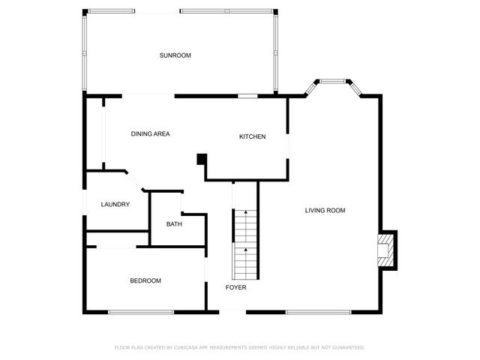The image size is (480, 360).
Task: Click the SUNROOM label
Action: [175, 55]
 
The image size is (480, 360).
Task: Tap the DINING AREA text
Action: [150, 133]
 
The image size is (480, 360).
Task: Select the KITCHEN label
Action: [252, 136]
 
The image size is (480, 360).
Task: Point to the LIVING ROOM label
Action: [325, 210]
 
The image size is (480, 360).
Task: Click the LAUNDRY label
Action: [115, 204]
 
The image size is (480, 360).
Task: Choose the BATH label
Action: [174, 224]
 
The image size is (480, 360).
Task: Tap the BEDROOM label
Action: [145, 280]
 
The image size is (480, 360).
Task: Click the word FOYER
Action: [235, 287]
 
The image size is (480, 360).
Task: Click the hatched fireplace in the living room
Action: [385, 250]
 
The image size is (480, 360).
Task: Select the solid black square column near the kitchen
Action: [202, 159]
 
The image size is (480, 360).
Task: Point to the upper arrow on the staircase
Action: [245, 211]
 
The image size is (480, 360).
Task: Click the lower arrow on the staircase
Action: [245, 250]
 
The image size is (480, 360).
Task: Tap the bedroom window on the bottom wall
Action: [141, 312]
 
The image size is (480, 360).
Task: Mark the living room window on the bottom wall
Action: [318, 312]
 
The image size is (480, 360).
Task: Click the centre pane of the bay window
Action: [333, 81]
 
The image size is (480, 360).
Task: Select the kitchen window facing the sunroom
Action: [248, 96]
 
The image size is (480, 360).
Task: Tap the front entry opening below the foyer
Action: [232, 312]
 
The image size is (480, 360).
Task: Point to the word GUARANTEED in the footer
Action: [349, 348]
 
